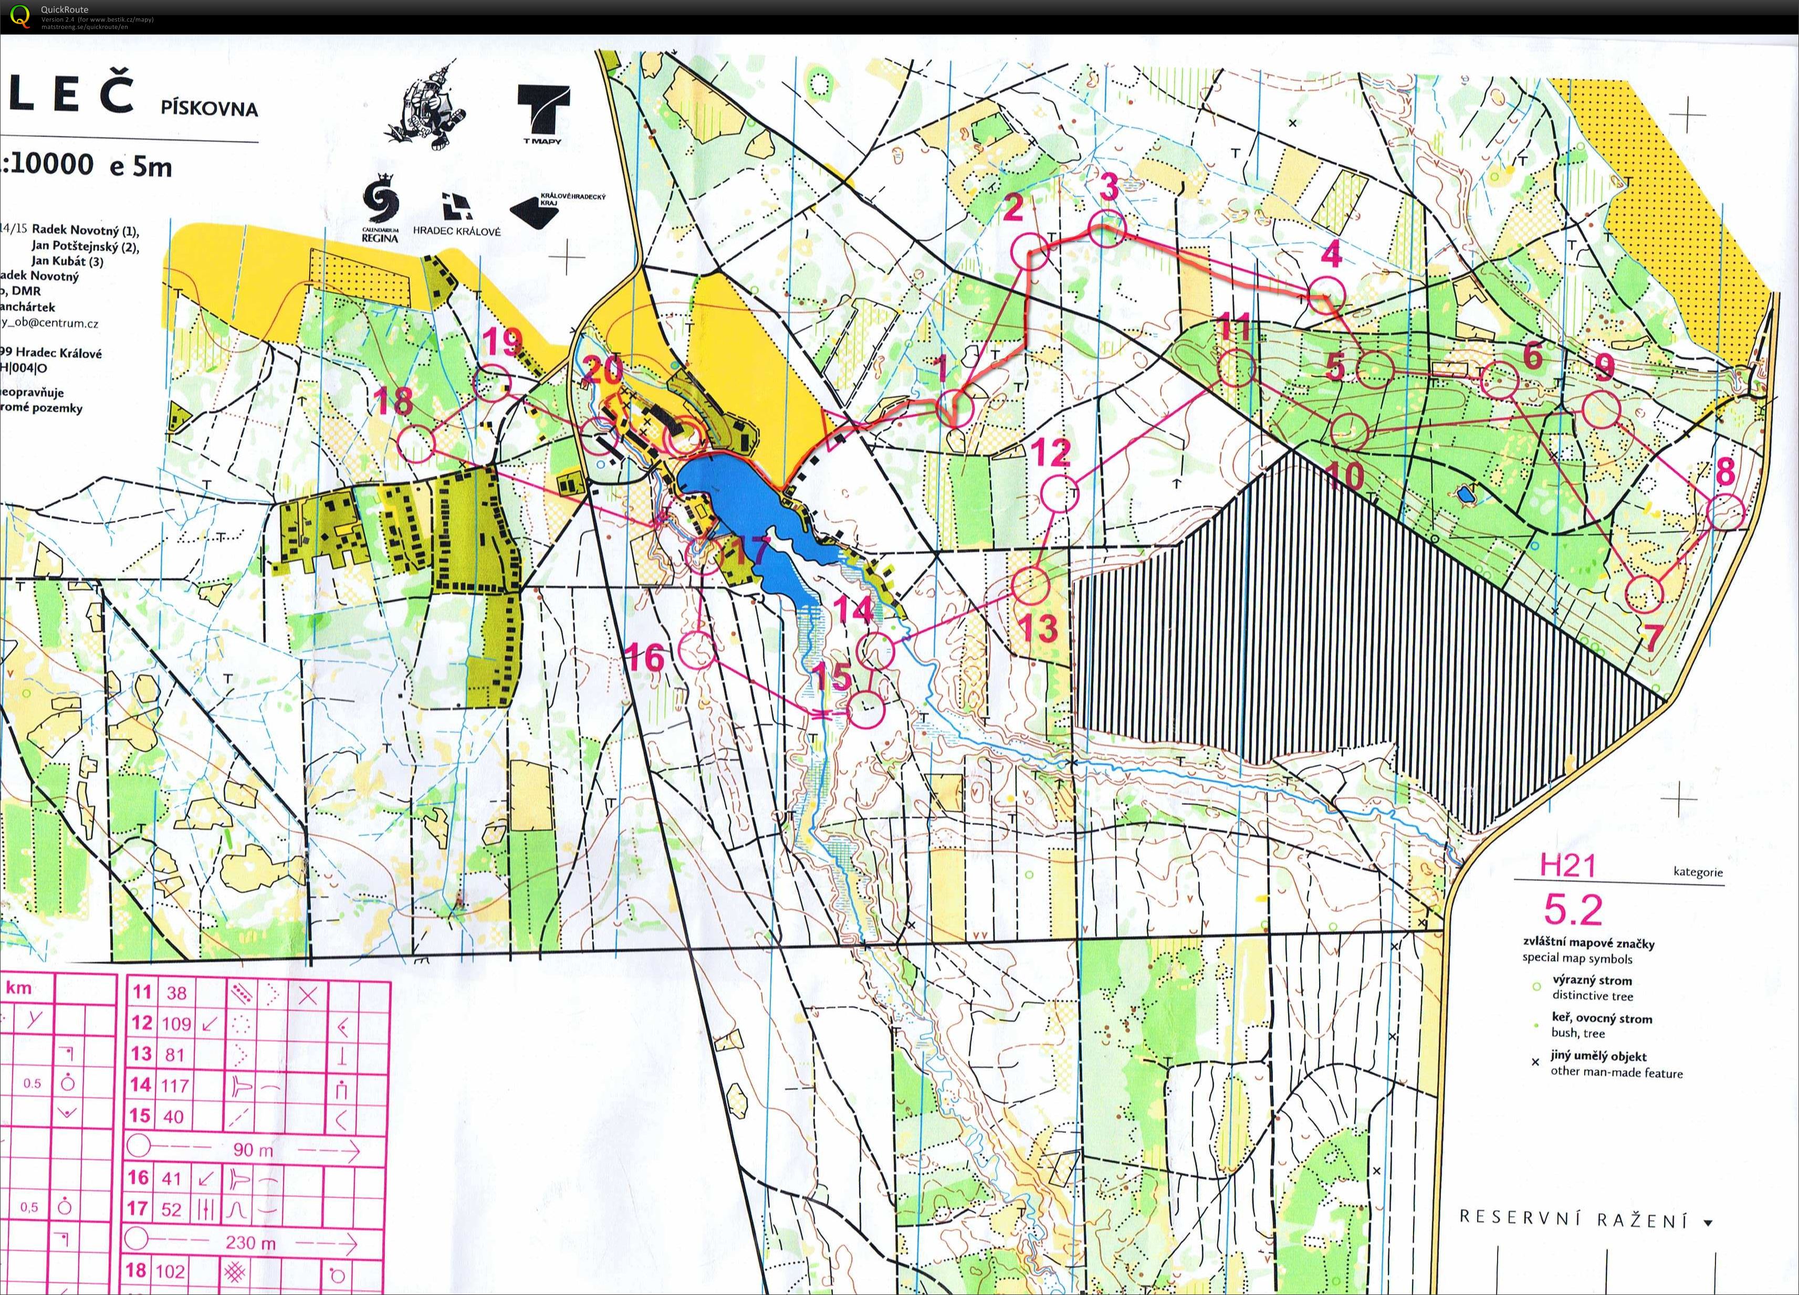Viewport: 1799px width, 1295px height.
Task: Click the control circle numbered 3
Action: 1106,229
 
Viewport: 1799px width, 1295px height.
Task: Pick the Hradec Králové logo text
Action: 456,231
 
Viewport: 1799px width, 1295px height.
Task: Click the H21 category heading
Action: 1566,865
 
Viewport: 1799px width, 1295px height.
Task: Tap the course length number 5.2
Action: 1573,910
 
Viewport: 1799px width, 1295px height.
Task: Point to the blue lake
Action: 730,508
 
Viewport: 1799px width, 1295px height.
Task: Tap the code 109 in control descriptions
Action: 176,1024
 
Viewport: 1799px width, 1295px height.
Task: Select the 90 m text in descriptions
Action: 254,1149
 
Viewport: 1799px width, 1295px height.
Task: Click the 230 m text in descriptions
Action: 250,1242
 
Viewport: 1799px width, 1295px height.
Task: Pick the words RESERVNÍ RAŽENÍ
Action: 1575,1219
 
